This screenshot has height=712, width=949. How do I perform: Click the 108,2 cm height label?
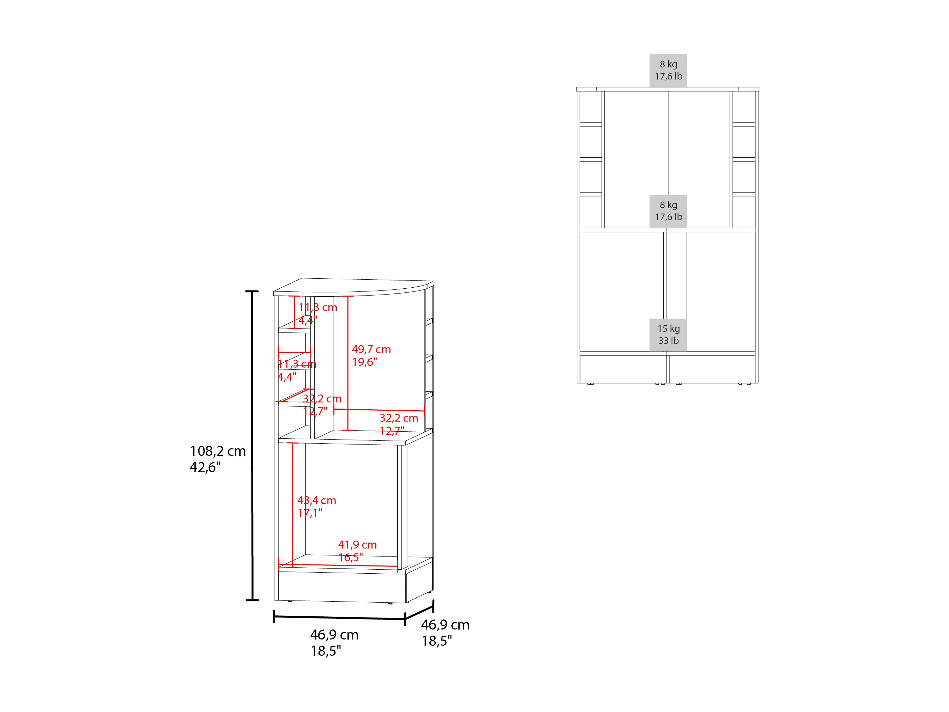[218, 451]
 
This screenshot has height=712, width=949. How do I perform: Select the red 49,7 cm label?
[372, 349]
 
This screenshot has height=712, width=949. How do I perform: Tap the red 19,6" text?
[365, 362]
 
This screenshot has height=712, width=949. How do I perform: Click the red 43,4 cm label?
[317, 500]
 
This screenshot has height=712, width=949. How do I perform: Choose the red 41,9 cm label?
[357, 545]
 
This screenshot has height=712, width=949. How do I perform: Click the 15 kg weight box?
[668, 335]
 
